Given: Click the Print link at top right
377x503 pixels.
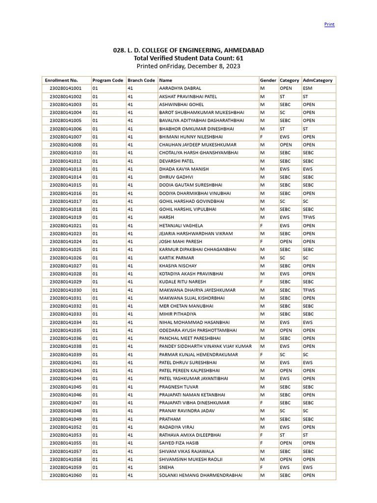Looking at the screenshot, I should click(x=329, y=24).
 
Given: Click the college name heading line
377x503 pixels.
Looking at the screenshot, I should click(x=188, y=51).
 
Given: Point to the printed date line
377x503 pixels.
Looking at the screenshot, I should click(x=188, y=66).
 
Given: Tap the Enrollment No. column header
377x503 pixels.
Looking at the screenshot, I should click(x=61, y=80).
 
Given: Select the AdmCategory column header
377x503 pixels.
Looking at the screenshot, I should click(x=318, y=80).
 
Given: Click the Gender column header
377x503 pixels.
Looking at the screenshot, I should click(x=268, y=80).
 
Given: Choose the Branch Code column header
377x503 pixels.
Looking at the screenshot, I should click(x=141, y=80).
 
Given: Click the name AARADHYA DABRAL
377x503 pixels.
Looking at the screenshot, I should click(x=180, y=88).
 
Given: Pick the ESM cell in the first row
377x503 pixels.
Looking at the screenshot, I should click(x=308, y=88).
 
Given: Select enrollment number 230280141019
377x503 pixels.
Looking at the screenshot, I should click(x=66, y=217).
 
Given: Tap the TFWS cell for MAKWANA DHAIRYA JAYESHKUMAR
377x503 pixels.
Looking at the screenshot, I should click(x=309, y=290).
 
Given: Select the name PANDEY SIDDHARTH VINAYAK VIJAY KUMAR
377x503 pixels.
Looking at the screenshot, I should click(x=205, y=346).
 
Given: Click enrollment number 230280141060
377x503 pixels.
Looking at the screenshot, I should click(x=66, y=475).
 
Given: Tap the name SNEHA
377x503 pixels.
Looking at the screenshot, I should click(x=166, y=467).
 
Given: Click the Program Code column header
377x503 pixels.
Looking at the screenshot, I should click(x=108, y=80).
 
